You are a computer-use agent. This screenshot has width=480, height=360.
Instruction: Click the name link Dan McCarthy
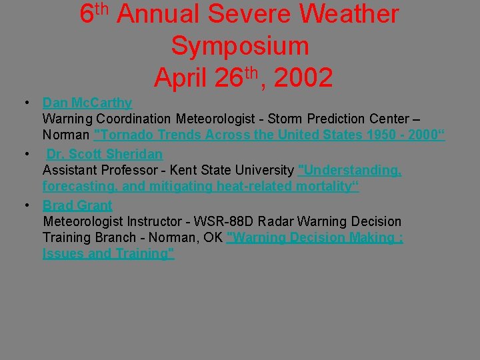87,103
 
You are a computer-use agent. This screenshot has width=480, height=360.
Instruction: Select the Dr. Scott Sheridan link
104,154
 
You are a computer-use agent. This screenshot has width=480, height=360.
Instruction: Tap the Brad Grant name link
77,205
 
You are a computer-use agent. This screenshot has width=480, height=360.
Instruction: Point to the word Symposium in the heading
240,46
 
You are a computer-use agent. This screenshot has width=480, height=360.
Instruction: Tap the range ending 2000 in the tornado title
421,136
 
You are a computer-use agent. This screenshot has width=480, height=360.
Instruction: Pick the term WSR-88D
231,221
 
